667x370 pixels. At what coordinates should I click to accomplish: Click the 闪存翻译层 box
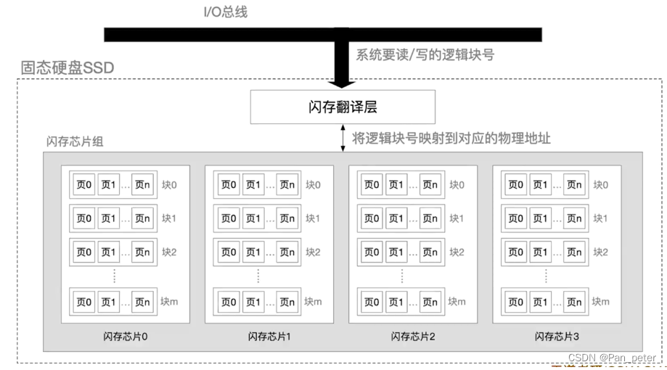(343, 107)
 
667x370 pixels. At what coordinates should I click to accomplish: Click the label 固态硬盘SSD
(67, 69)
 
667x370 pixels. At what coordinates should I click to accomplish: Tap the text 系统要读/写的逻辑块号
(425, 54)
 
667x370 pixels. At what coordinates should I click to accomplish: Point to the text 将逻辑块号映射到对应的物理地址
(451, 138)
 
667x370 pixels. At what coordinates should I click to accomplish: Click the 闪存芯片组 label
(75, 141)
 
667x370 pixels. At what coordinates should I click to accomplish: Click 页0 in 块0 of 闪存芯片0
(84, 185)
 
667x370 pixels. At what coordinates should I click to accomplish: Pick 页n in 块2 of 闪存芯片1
(287, 252)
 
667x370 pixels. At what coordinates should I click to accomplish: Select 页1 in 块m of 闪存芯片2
(396, 302)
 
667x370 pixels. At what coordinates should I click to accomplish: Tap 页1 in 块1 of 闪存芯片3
(540, 218)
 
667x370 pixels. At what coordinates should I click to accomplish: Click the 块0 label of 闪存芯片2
(457, 185)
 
